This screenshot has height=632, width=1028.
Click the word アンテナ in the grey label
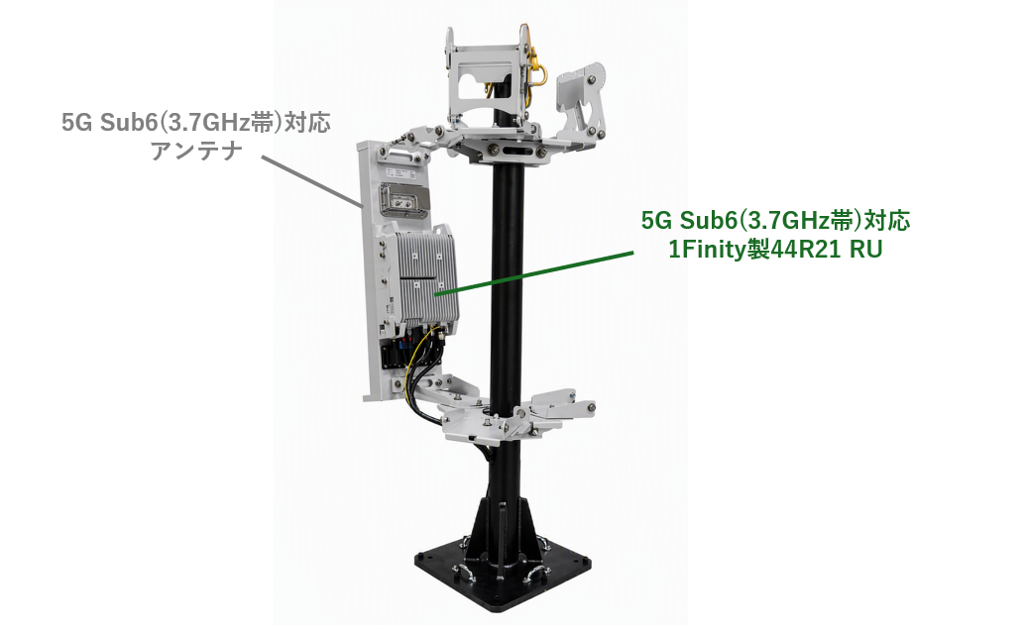196,151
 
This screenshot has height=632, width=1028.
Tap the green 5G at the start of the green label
657,221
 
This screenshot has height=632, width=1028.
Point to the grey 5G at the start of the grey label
77,123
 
